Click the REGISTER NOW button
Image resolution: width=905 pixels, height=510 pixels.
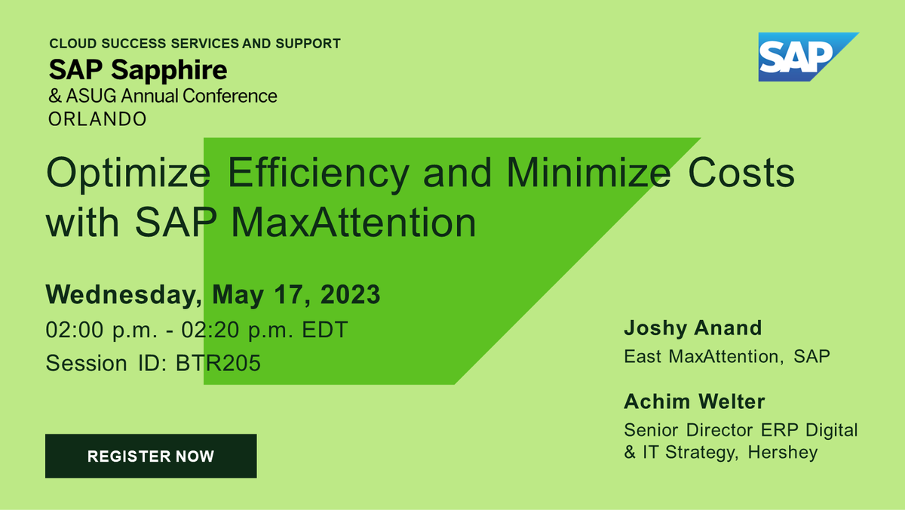pos(151,456)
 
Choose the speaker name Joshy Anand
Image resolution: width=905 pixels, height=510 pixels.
pos(693,328)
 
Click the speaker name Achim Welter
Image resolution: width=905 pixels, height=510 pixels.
pos(693,402)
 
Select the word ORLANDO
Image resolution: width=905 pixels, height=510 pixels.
pos(97,119)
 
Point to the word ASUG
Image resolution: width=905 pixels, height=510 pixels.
pos(91,96)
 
